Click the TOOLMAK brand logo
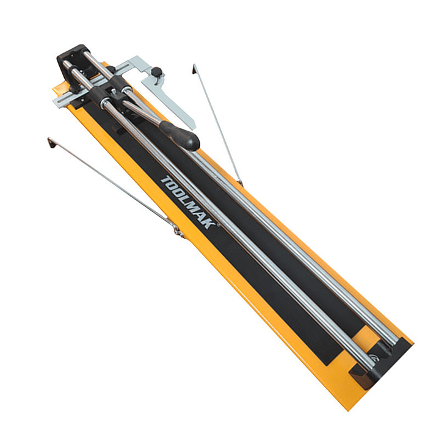(x=189, y=202)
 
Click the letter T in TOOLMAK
(x=166, y=180)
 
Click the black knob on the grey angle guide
(x=156, y=71)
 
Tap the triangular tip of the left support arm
(x=51, y=143)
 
